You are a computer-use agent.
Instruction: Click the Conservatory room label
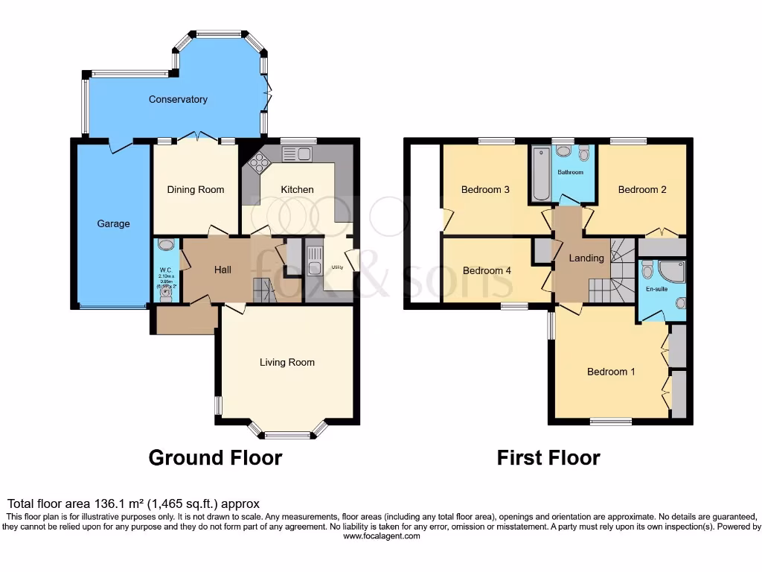pyautogui.click(x=178, y=99)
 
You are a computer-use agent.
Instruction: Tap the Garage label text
pyautogui.click(x=113, y=223)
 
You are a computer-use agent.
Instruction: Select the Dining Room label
pyautogui.click(x=196, y=189)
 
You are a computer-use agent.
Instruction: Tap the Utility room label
pyautogui.click(x=327, y=266)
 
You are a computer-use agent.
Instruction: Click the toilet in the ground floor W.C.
pyautogui.click(x=165, y=293)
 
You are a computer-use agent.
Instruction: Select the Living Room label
pyautogui.click(x=286, y=362)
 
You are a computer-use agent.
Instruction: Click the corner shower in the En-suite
pyautogui.click(x=672, y=272)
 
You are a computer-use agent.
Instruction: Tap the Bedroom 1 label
pyautogui.click(x=611, y=372)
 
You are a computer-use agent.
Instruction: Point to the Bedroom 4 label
pyautogui.click(x=487, y=270)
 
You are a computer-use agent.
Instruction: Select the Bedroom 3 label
pyautogui.click(x=485, y=189)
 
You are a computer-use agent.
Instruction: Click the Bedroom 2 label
pyautogui.click(x=642, y=189)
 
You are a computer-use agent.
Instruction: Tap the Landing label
pyautogui.click(x=586, y=258)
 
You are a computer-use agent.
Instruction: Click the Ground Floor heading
pyautogui.click(x=215, y=457)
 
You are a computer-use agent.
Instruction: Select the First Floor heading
pyautogui.click(x=548, y=457)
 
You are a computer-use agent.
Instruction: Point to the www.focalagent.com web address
pyautogui.click(x=381, y=536)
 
